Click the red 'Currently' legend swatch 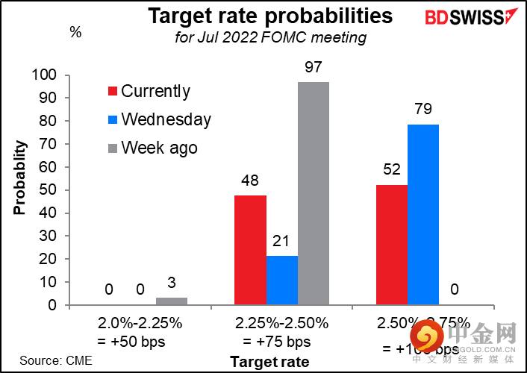coord(113,92)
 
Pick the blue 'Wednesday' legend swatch coord(113,120)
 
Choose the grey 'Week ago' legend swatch coord(113,148)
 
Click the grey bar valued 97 coord(313,193)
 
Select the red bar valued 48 coord(250,250)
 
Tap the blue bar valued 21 coord(281,280)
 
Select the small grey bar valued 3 coord(171,301)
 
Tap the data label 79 coord(423,110)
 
